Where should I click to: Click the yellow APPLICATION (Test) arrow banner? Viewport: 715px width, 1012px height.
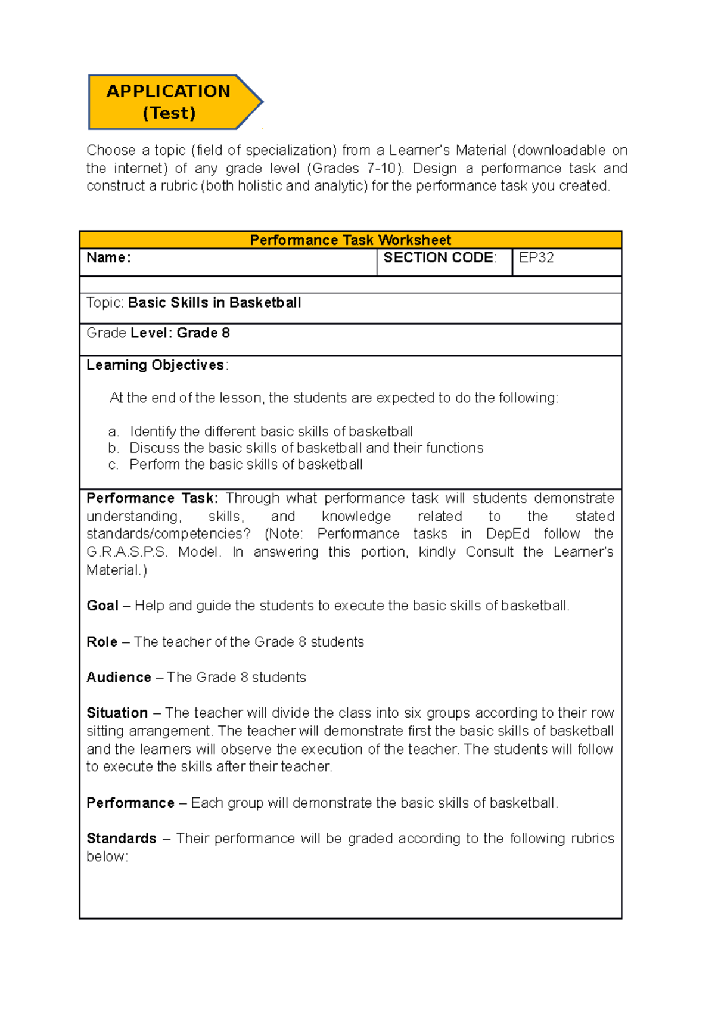pos(169,102)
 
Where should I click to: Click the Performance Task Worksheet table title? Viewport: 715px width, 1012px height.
pos(350,240)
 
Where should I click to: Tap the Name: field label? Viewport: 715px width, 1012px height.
pos(108,257)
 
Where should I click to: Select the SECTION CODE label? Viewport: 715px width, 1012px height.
pos(439,257)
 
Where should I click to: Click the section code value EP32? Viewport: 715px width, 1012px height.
pos(536,257)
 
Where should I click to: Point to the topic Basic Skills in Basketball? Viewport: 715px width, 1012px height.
pos(214,303)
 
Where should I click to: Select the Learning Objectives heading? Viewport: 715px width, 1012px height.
pos(156,365)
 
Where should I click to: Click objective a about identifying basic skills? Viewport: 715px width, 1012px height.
pos(271,432)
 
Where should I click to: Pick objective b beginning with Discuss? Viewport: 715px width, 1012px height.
pos(306,448)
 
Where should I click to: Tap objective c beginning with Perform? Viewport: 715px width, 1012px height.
pos(245,464)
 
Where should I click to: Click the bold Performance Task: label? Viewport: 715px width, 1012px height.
pos(153,498)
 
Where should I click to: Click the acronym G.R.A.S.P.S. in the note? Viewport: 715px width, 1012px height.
pos(127,552)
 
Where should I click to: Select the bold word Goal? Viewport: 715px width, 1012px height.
pos(102,606)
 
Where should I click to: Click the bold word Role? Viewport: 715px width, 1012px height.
pos(102,642)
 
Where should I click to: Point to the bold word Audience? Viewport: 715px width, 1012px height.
pos(119,678)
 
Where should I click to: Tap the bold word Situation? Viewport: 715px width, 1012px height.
pos(117,713)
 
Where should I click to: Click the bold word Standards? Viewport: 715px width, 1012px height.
pos(122,839)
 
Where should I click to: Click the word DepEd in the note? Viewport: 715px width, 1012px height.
pos(508,534)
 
